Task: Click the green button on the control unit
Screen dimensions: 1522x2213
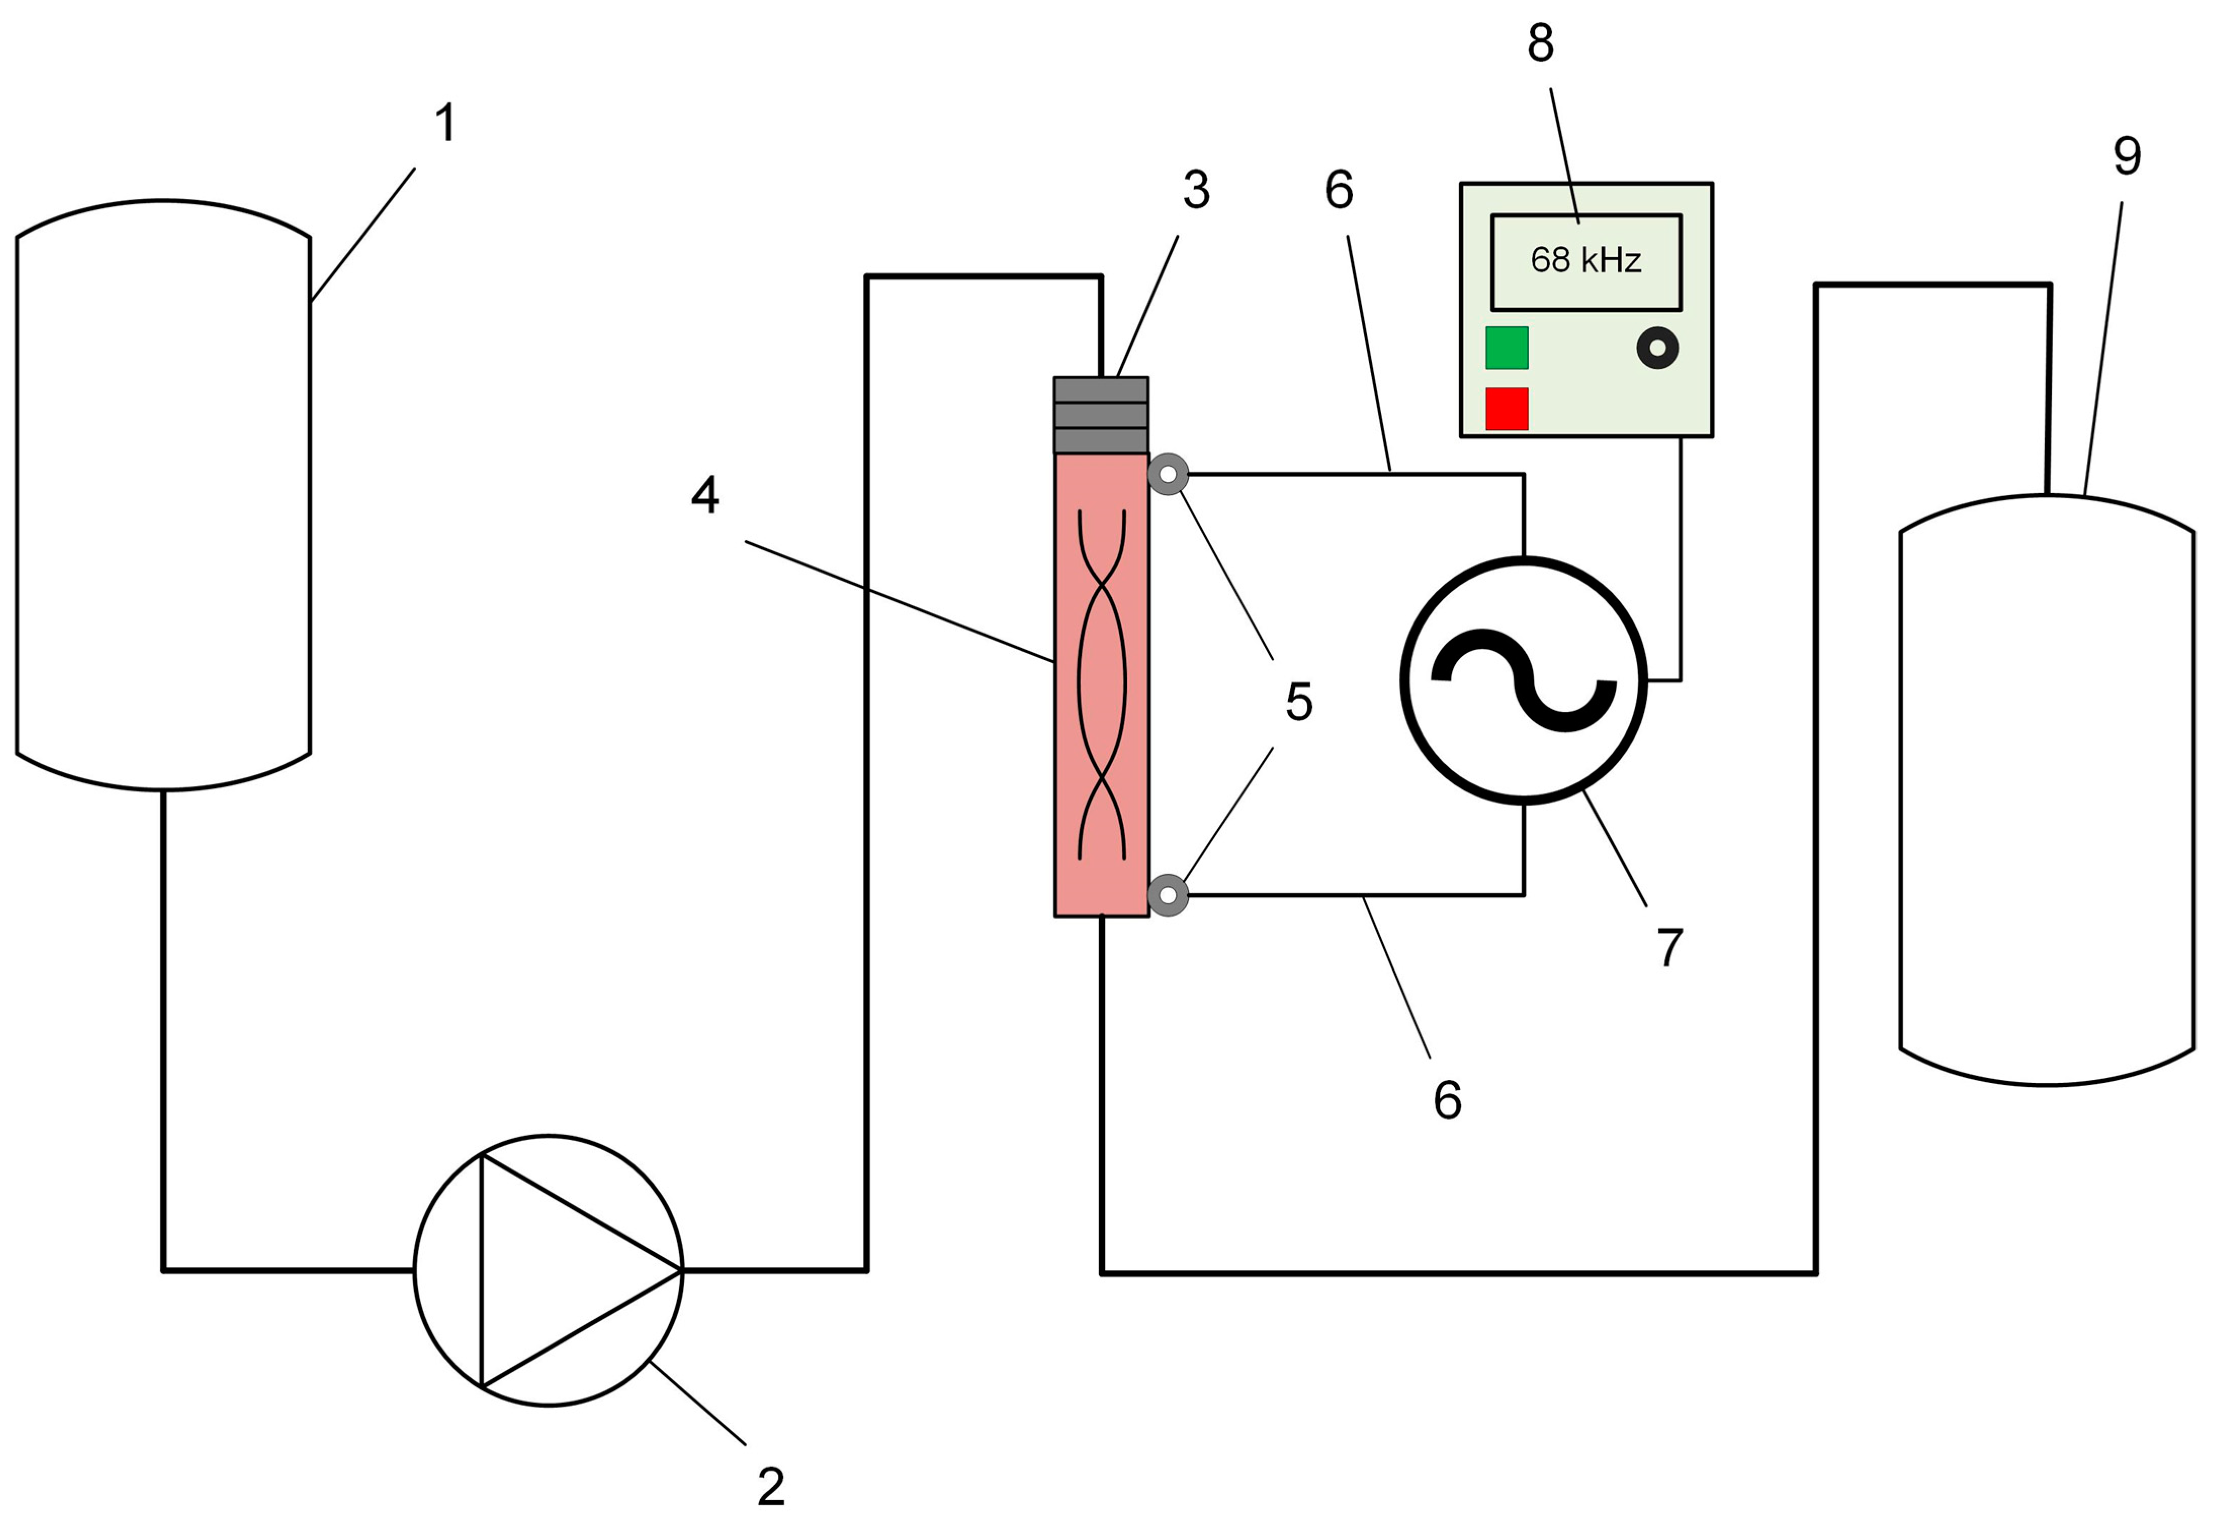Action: (1507, 348)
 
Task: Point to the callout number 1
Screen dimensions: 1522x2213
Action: (445, 124)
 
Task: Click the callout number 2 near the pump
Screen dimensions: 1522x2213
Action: (770, 1486)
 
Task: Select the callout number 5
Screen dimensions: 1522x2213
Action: (1299, 702)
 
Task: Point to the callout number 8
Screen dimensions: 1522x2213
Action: (1540, 43)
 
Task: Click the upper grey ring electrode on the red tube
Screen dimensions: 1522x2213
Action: (1168, 474)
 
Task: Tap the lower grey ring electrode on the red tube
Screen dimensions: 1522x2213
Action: (1168, 895)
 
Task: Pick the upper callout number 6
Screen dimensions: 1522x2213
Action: (1339, 191)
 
